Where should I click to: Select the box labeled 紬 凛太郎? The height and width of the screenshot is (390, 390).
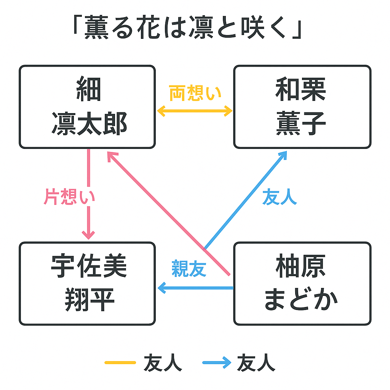pyautogui.click(x=87, y=107)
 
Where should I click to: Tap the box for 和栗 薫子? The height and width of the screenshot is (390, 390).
pyautogui.click(x=302, y=107)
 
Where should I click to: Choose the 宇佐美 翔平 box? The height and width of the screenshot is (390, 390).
pyautogui.click(x=87, y=283)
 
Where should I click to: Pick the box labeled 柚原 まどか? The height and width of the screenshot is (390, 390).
pyautogui.click(x=302, y=283)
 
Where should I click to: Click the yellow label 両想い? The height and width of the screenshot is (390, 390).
pyautogui.click(x=195, y=93)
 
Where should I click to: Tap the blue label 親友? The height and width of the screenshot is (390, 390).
pyautogui.click(x=189, y=268)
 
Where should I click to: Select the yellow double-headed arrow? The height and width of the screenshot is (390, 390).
pyautogui.click(x=195, y=111)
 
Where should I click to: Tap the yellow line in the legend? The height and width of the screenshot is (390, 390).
pyautogui.click(x=120, y=363)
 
